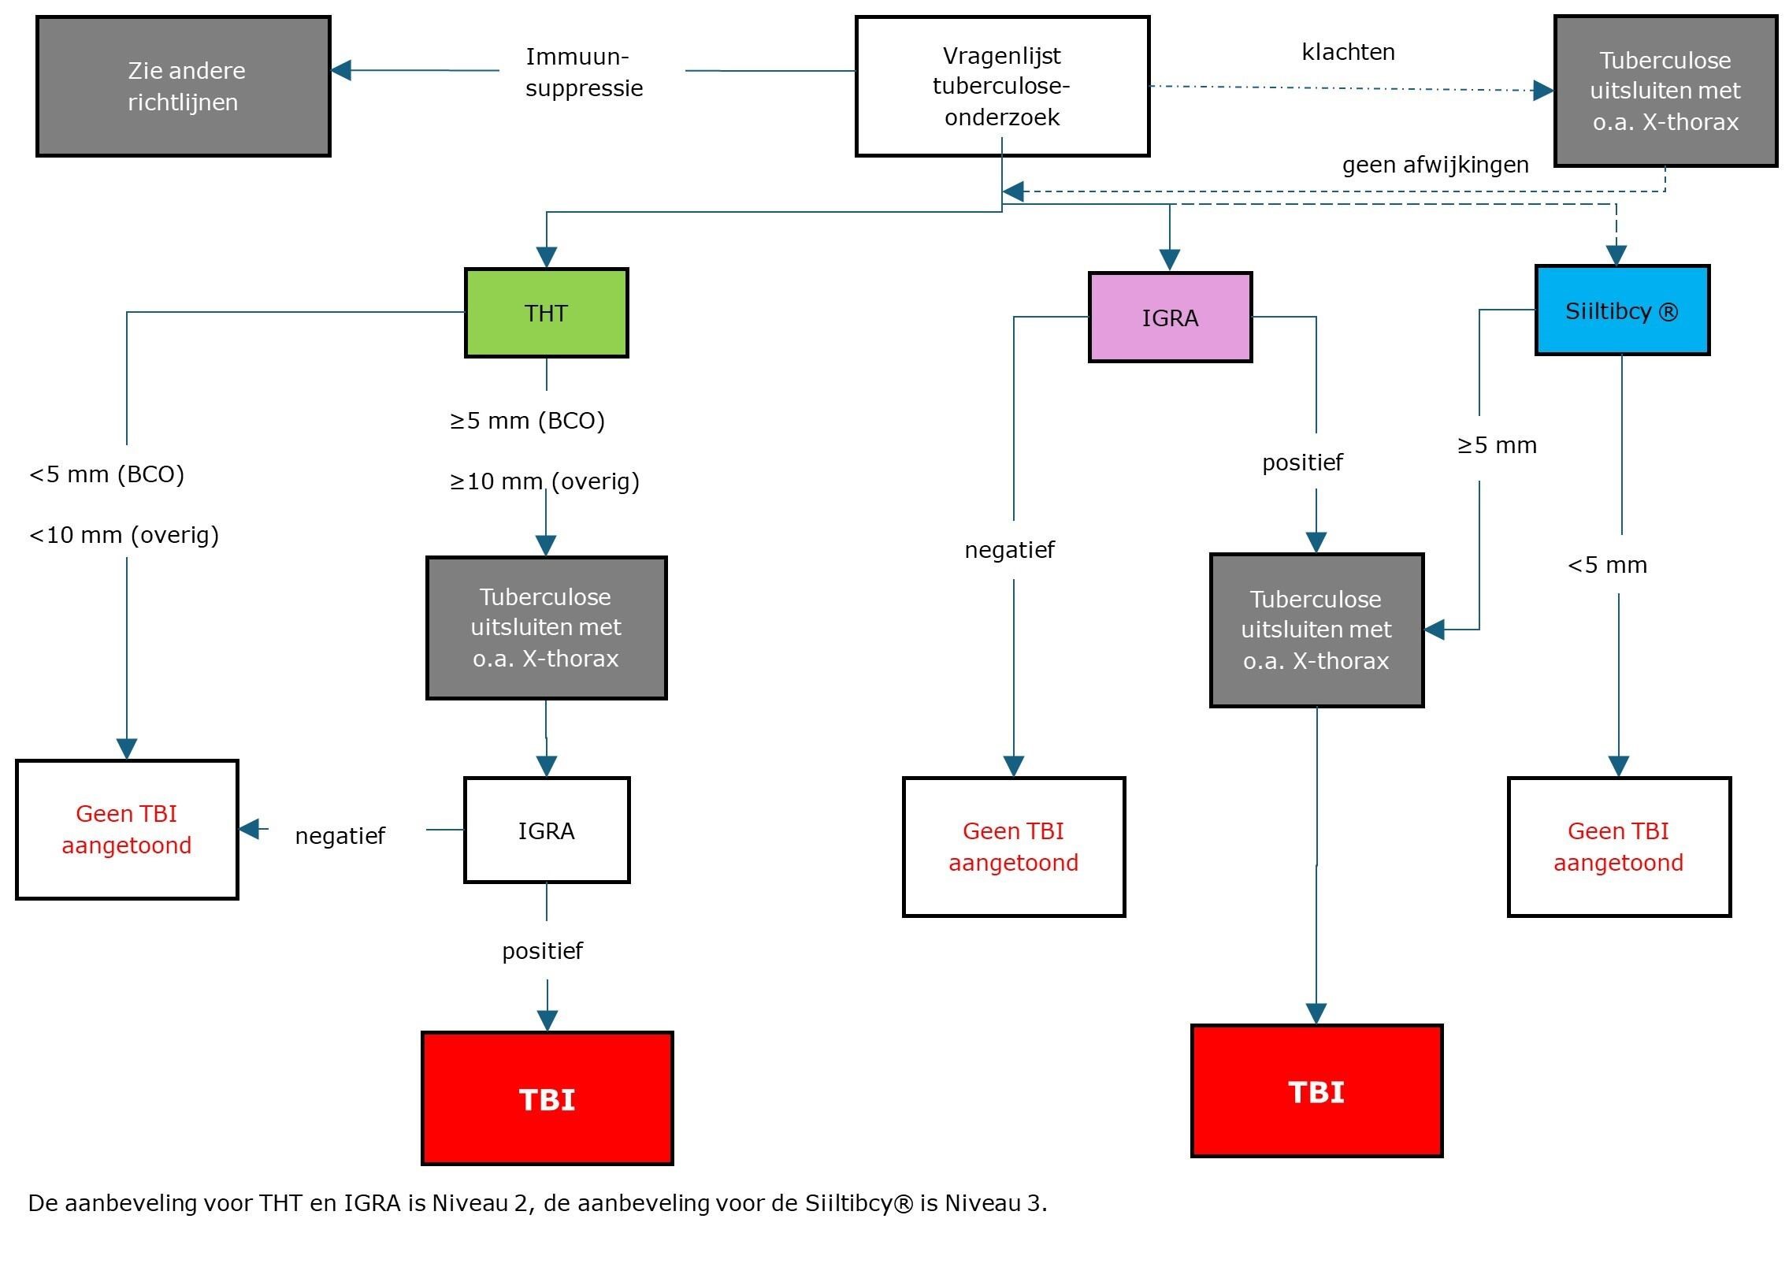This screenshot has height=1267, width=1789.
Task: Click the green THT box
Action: click(546, 313)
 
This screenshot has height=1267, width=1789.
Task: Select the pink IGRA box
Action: click(1170, 318)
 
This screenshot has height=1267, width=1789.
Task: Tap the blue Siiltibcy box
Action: click(1621, 310)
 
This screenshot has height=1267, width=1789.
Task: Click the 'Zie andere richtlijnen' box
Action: click(183, 86)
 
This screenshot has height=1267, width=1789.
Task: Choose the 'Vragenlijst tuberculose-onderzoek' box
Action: click(1001, 86)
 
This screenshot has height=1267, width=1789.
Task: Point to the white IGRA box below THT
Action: click(546, 830)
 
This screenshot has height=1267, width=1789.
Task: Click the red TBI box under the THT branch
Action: click(547, 1098)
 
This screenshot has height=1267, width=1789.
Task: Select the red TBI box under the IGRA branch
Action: click(1316, 1091)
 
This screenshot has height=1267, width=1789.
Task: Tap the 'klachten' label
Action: click(1348, 52)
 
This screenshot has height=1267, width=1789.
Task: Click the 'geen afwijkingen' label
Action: click(1435, 165)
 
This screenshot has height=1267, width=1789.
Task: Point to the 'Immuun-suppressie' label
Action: click(584, 72)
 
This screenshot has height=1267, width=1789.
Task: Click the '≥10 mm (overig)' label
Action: click(544, 481)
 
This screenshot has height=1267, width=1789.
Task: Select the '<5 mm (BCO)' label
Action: click(106, 474)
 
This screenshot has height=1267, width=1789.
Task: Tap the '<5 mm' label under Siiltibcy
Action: click(1607, 565)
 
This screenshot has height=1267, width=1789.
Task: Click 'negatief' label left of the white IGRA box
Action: click(340, 835)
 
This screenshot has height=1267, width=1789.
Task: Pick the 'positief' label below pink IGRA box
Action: click(1302, 462)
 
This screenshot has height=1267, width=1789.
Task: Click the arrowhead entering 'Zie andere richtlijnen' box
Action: click(340, 70)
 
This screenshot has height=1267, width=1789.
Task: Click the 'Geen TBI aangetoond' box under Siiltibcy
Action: click(1618, 846)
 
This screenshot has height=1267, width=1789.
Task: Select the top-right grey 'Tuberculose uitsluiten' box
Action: click(1665, 91)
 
